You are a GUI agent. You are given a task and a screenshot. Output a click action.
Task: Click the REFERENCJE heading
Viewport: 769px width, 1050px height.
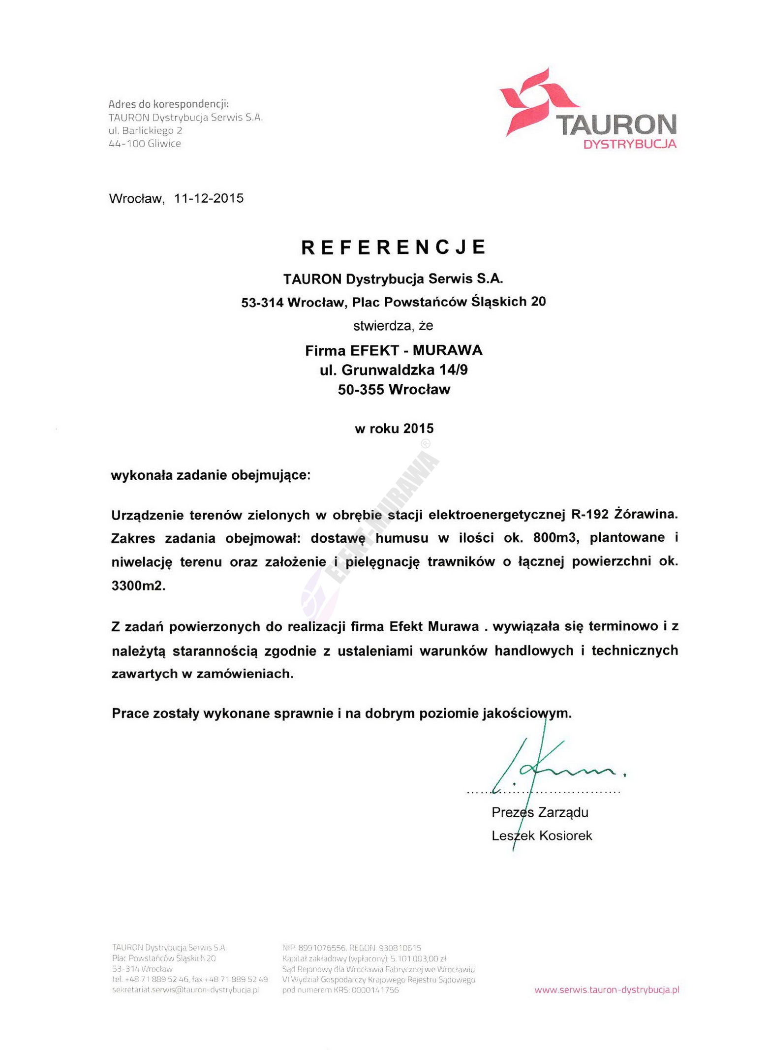(393, 247)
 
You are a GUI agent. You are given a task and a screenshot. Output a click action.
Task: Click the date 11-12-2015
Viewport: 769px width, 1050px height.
(209, 198)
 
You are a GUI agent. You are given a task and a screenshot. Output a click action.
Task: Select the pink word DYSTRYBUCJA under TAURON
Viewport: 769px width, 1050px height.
(630, 144)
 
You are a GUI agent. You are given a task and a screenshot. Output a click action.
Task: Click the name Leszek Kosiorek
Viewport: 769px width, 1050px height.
(542, 835)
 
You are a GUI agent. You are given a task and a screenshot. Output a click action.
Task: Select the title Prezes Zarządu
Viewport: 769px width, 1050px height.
(540, 812)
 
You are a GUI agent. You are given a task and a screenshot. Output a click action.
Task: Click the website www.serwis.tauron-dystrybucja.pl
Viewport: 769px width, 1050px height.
(606, 989)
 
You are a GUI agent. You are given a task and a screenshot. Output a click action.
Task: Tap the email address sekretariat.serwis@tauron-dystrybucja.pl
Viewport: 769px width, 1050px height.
(185, 989)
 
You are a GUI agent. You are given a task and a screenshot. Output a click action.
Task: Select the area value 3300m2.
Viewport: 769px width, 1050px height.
(138, 586)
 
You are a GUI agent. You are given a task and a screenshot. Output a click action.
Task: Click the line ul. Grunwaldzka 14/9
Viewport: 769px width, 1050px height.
(394, 370)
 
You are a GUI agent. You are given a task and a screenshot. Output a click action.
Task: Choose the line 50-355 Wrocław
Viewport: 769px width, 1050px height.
(394, 389)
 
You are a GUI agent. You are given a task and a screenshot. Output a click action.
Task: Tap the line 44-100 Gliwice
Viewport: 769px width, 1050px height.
(145, 144)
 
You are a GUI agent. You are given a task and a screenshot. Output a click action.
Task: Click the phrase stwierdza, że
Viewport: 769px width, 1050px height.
(393, 326)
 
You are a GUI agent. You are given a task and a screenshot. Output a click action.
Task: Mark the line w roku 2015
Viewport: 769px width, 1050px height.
(394, 429)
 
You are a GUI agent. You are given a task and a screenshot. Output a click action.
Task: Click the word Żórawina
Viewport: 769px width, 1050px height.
(646, 515)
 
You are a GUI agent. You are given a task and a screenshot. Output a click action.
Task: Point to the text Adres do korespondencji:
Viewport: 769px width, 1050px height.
(169, 104)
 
